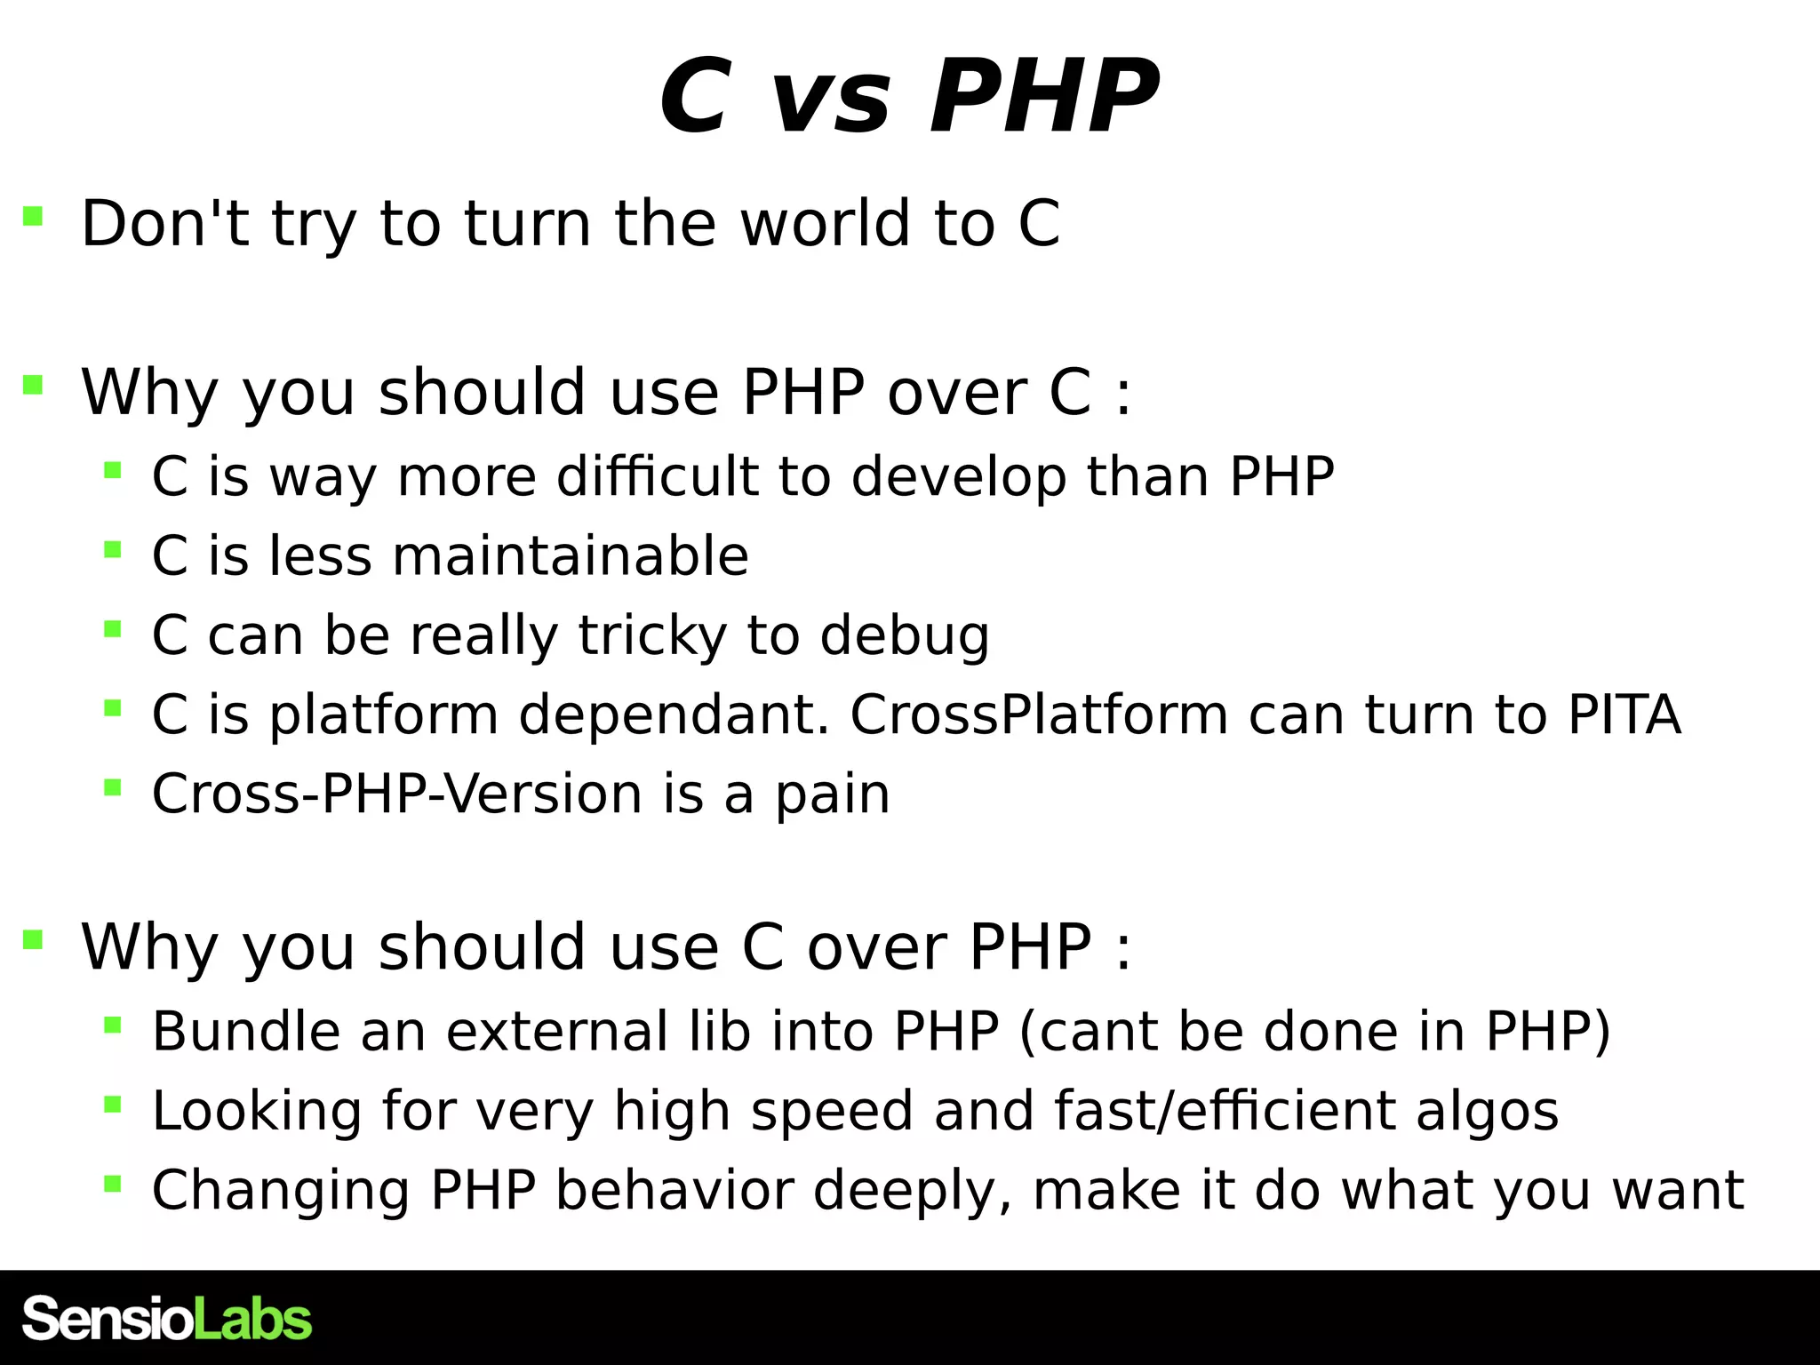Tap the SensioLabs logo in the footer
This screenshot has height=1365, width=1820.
(x=167, y=1319)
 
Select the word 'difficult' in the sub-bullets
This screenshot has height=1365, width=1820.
(x=657, y=477)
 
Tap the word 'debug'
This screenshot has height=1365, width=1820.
(x=904, y=636)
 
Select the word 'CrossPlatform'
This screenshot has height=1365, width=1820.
(x=1038, y=714)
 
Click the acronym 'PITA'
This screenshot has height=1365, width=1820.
(x=1624, y=714)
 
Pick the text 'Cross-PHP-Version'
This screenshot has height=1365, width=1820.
(x=396, y=794)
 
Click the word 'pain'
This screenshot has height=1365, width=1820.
(x=832, y=795)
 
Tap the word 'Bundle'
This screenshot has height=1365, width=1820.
(x=246, y=1032)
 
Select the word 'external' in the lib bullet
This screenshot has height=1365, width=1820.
(x=556, y=1032)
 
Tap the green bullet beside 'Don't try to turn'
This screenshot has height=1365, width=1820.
(x=33, y=216)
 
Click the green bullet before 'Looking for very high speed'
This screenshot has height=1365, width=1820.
(x=112, y=1105)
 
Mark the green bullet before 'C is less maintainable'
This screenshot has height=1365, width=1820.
(x=112, y=549)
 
